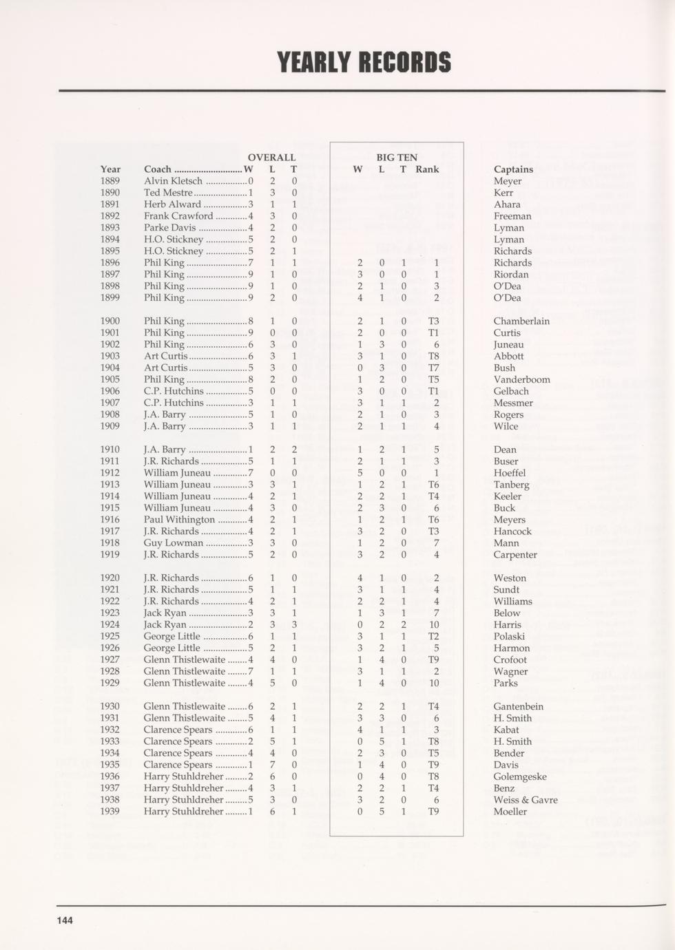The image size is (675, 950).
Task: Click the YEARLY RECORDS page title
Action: point(364,63)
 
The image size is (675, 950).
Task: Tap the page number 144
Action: point(65,920)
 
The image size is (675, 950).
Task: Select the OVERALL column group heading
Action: point(271,158)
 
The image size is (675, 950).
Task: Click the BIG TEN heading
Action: point(397,158)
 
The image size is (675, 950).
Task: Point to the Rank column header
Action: point(427,169)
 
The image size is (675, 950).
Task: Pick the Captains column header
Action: point(513,169)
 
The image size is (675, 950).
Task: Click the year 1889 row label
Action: point(110,181)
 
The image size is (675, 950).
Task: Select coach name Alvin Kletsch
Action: point(173,181)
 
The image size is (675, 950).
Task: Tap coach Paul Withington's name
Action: point(179,520)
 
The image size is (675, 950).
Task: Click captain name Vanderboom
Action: point(521,379)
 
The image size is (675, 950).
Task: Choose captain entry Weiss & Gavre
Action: point(526,800)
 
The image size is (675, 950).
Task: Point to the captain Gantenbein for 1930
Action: point(518,706)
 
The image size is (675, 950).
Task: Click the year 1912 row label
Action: point(110,473)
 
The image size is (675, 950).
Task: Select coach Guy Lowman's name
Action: point(174,543)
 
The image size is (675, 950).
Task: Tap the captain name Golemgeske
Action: point(520,777)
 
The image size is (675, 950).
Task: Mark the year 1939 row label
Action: point(110,812)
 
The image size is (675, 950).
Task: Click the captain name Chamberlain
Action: point(521,321)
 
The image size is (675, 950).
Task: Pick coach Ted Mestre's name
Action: point(168,193)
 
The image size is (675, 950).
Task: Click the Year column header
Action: point(110,169)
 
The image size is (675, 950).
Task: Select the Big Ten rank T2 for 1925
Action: point(433,637)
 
